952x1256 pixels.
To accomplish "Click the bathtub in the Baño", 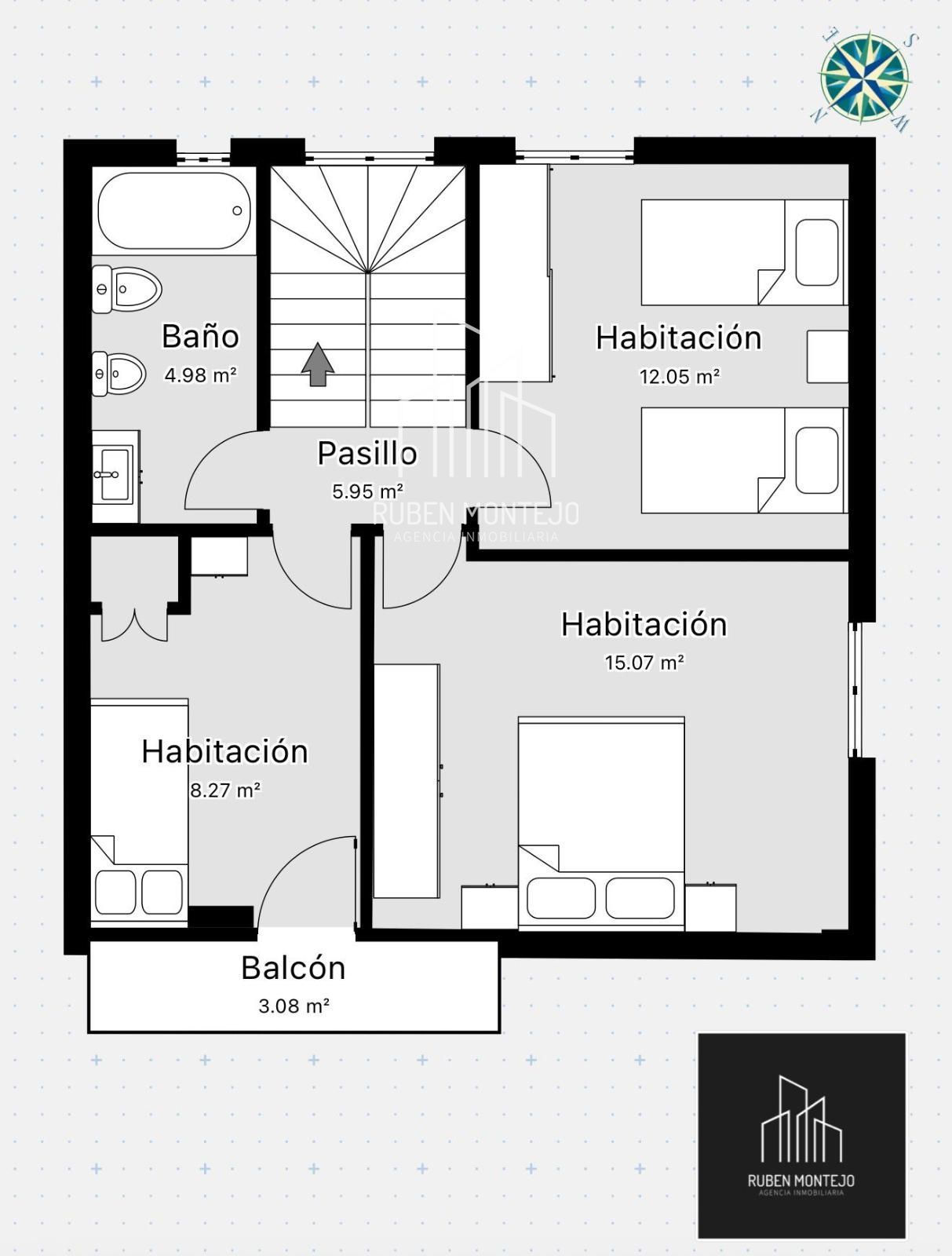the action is [174, 210].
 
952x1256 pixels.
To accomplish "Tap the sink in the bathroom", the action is [115, 476].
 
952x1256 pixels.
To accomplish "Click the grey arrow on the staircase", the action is [318, 364].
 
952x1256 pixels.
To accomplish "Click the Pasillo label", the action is [367, 453].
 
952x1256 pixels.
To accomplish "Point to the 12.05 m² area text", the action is [679, 377].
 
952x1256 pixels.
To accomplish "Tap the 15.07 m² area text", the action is [645, 663].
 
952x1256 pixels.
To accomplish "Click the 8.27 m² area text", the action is [225, 790].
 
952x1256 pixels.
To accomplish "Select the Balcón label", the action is [293, 968].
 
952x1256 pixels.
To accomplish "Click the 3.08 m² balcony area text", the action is [294, 1006].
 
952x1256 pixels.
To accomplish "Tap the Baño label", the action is [200, 336].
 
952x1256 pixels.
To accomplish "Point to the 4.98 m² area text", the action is [200, 375].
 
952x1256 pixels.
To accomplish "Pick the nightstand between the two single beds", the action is [827, 356].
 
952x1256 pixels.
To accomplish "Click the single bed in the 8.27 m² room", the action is [139, 812].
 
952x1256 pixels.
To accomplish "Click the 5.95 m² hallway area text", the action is [367, 491].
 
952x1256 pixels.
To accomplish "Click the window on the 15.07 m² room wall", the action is [855, 689].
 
